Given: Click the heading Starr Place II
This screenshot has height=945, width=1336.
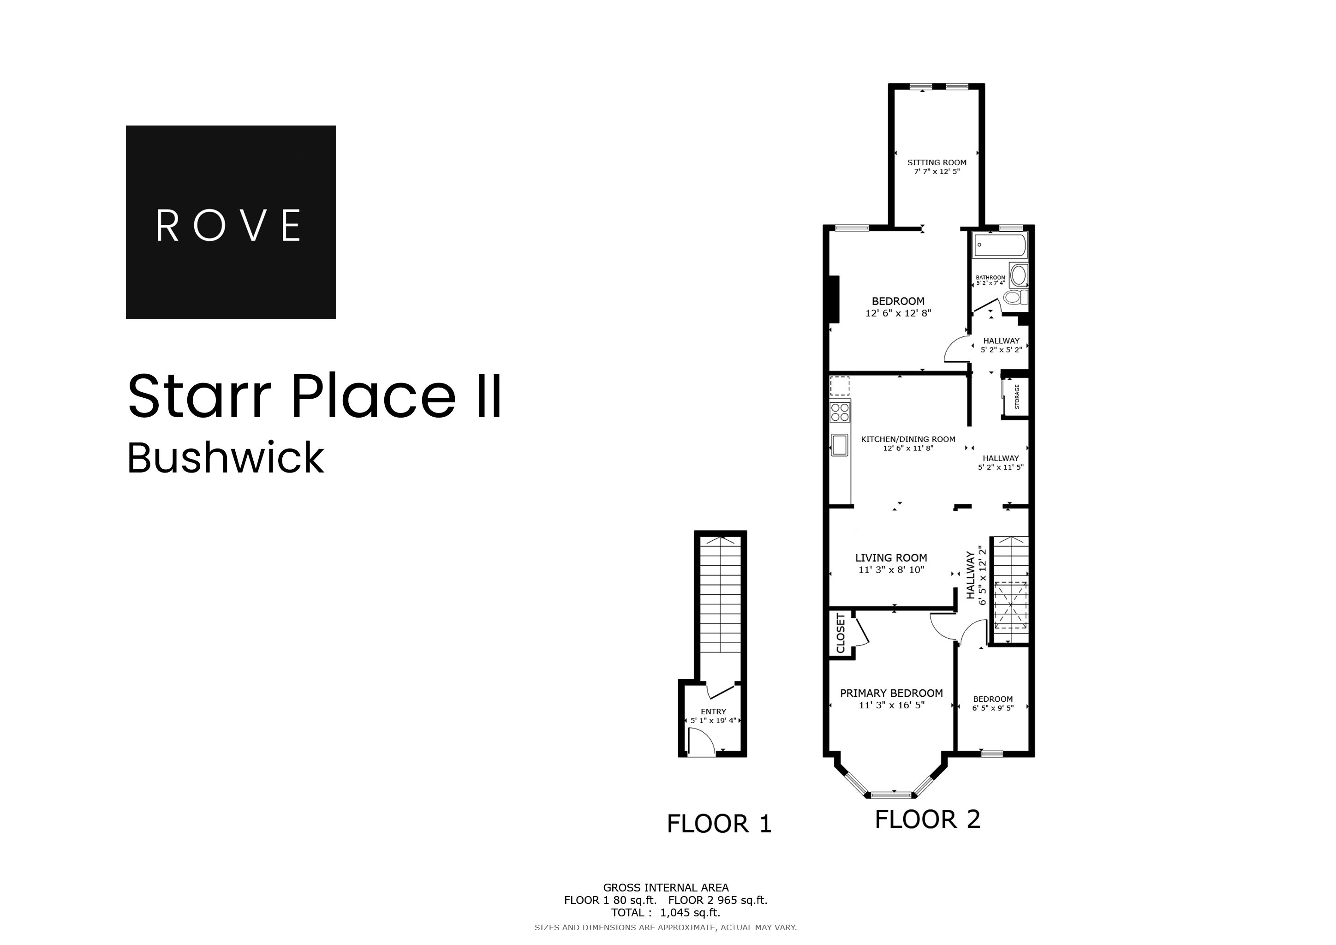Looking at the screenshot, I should tap(314, 397).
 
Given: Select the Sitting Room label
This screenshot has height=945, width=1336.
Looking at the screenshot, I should tap(937, 162).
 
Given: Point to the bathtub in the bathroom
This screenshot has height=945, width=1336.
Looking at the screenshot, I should tap(999, 245).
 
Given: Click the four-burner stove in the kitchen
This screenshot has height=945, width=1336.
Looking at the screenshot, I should tap(840, 412).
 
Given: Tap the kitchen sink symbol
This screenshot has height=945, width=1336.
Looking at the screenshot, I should tap(840, 445).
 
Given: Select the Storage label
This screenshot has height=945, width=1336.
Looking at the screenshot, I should tap(1017, 396).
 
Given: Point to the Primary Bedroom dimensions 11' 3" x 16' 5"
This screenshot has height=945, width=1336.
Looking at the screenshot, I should tap(891, 705).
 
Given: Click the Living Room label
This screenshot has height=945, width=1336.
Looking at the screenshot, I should tap(891, 557).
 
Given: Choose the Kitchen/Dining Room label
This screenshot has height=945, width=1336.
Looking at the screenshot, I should tap(908, 439).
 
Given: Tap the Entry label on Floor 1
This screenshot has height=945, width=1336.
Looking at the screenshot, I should tap(713, 711).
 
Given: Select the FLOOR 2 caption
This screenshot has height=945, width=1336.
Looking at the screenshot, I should tap(928, 819).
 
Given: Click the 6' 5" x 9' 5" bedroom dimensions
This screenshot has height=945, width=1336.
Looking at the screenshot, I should tap(993, 708).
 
